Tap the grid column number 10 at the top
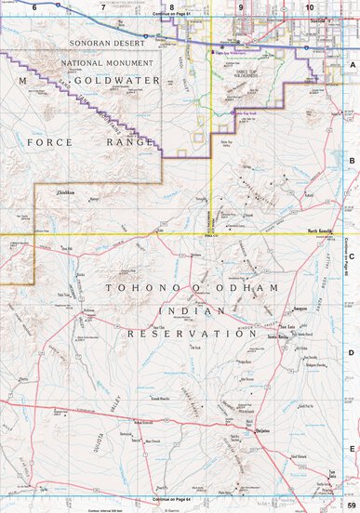310,7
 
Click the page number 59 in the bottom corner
351,505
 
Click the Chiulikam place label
66,192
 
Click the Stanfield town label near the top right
320,17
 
